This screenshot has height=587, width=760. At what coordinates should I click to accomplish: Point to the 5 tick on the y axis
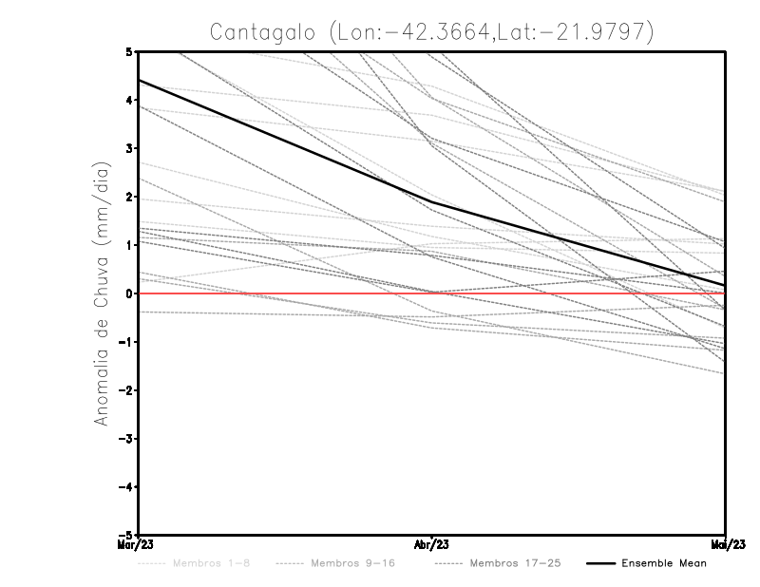click(130, 51)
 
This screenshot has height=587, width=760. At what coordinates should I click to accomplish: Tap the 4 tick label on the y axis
click(130, 100)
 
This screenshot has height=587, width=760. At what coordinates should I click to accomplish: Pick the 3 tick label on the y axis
click(130, 148)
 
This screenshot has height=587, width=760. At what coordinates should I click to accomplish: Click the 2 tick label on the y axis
click(130, 197)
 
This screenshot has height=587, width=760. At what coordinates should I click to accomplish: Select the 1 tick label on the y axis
click(130, 245)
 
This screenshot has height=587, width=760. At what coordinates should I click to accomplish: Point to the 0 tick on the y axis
click(130, 293)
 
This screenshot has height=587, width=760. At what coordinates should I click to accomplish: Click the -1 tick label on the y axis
click(127, 342)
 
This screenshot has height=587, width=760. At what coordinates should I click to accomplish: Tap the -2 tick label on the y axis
click(127, 390)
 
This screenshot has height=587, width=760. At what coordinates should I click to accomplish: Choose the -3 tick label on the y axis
click(127, 439)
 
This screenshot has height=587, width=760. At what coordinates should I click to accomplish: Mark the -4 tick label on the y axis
click(127, 487)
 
